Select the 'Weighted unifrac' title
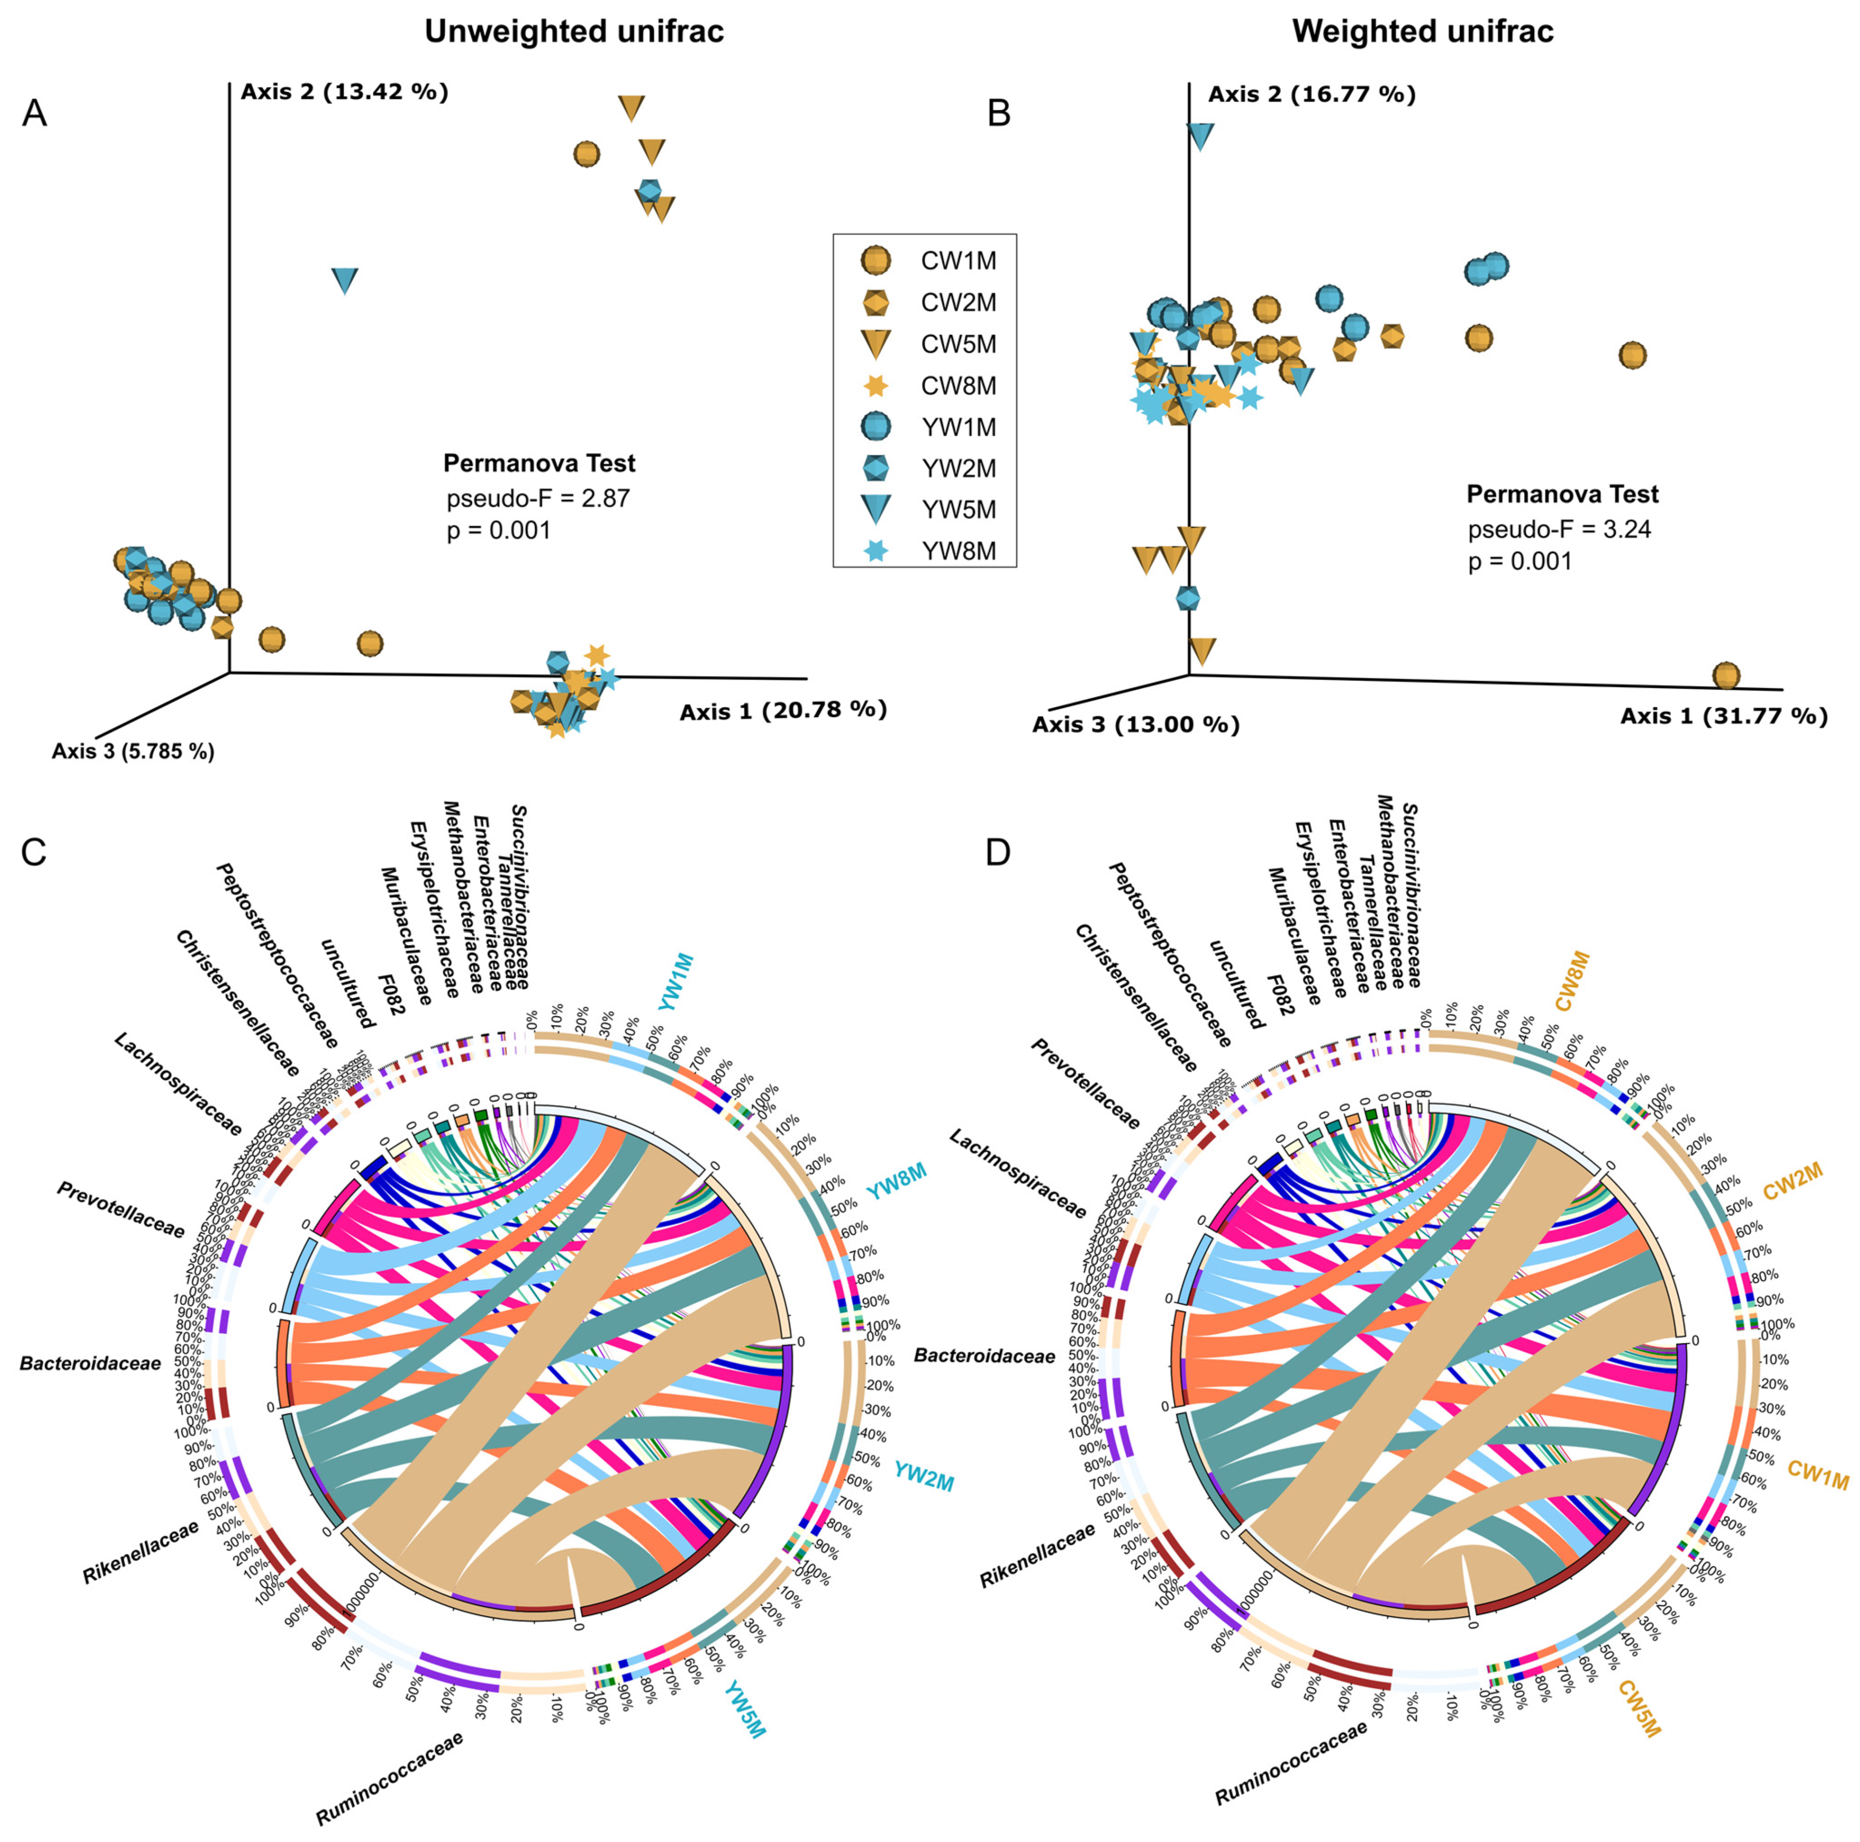1423,32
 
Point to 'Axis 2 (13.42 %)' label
344,92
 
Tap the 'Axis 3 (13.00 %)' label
1136,725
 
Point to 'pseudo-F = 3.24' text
1559,529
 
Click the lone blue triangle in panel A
345,280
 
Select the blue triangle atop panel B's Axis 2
1199,136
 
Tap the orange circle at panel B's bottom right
1727,676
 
